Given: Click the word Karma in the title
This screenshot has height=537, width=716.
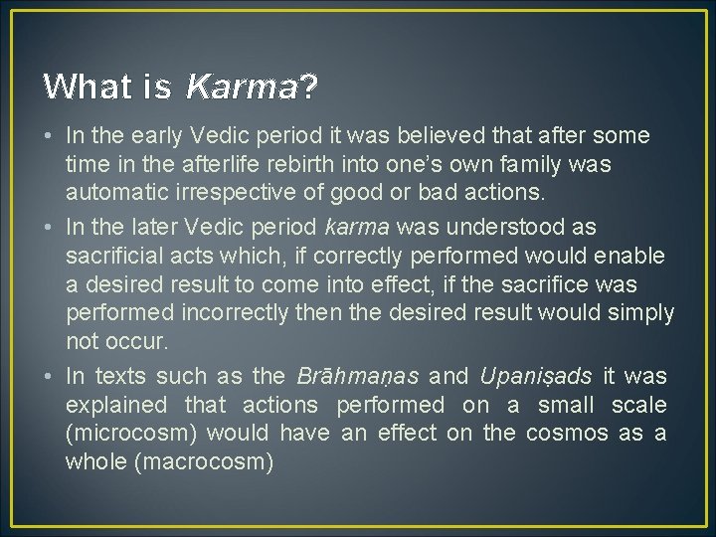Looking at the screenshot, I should tap(242, 88).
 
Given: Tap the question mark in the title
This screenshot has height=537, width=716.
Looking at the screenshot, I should tap(309, 88).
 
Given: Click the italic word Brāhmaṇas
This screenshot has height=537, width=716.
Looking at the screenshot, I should tap(358, 377).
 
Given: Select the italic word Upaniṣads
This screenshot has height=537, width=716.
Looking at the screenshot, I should tap(536, 377).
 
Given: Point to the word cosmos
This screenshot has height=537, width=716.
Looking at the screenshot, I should tap(568, 434).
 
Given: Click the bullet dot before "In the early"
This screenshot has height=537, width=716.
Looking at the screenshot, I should tap(49, 134).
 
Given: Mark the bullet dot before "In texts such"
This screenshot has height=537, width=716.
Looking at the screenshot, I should tap(49, 377).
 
